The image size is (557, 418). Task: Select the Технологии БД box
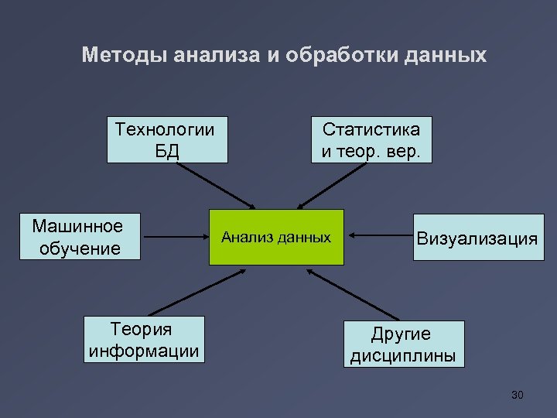click(x=167, y=139)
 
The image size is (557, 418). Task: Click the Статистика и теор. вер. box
click(x=371, y=139)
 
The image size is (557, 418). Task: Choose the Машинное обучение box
click(x=78, y=237)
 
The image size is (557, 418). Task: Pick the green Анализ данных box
click(x=276, y=237)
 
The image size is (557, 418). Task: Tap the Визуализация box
click(x=477, y=238)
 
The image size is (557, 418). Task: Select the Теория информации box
click(x=144, y=340)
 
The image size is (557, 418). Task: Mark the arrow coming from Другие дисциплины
click(x=352, y=294)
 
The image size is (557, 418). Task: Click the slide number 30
click(x=518, y=396)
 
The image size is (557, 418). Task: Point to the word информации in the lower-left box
click(x=144, y=351)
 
